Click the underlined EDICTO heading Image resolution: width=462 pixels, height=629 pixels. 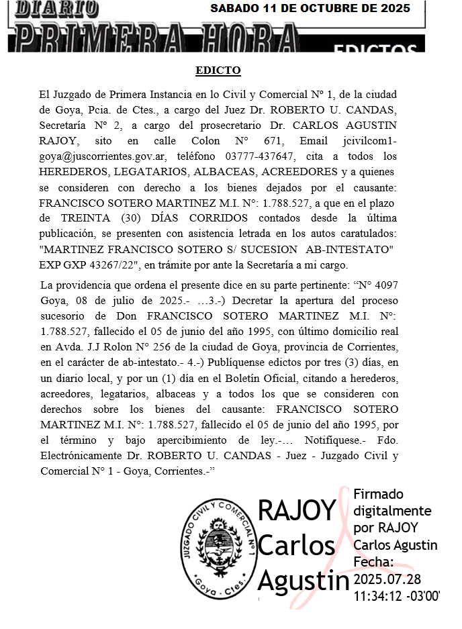tap(218, 70)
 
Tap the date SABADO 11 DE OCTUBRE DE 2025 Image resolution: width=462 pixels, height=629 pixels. tap(310, 9)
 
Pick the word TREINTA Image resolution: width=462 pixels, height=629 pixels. tap(88, 218)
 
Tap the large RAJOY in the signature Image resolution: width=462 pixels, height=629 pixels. tap(296, 511)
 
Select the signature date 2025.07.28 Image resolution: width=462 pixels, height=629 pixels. tap(386, 578)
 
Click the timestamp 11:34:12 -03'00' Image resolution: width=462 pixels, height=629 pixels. tap(396, 595)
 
